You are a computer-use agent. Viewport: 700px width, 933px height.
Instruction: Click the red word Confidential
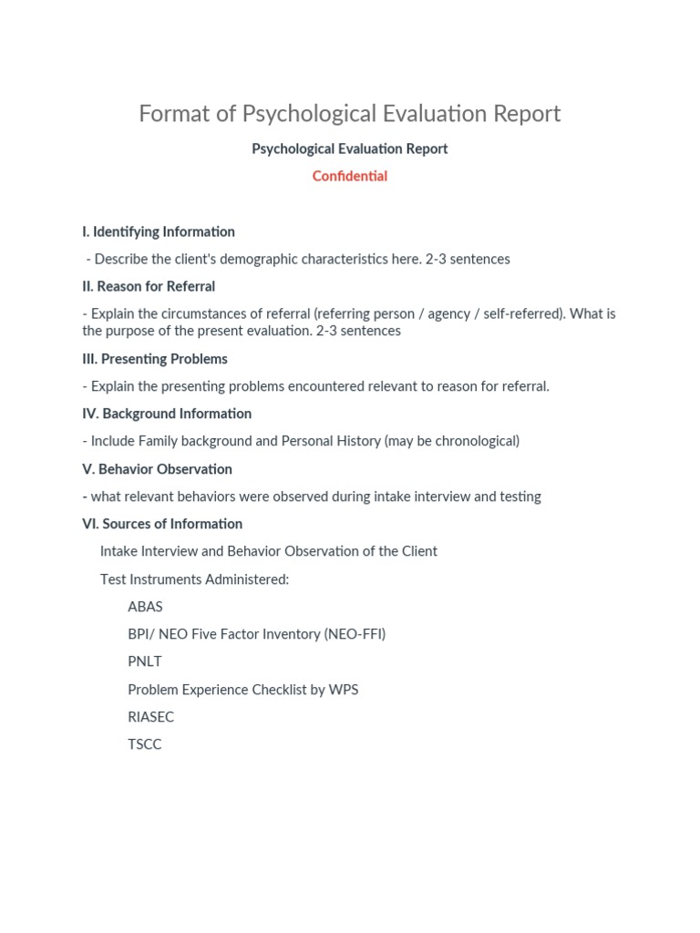[350, 176]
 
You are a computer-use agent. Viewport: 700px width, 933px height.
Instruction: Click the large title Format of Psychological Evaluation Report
[350, 114]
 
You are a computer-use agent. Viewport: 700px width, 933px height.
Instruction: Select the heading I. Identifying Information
[159, 231]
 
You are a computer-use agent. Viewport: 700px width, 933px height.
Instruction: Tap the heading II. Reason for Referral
[149, 286]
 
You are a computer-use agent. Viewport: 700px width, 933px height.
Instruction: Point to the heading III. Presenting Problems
[155, 358]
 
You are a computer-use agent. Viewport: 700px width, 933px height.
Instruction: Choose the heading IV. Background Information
[167, 414]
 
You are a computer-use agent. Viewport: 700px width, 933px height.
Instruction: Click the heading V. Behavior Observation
[157, 469]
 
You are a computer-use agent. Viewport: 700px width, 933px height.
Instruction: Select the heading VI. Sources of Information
[162, 524]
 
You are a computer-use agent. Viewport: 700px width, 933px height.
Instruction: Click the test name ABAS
[145, 607]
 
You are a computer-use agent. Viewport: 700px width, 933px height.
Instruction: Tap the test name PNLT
[145, 661]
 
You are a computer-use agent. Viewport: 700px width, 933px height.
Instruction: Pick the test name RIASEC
[150, 717]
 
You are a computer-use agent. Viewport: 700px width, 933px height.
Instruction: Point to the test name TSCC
[145, 744]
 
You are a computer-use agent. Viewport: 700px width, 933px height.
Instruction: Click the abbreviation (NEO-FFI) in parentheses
[355, 634]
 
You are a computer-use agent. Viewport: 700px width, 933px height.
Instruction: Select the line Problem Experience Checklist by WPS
[242, 690]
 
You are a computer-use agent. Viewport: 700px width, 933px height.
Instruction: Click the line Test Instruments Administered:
[194, 579]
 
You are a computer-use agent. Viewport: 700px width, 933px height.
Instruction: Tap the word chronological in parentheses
[478, 441]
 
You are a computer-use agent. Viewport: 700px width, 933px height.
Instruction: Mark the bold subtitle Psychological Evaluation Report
[350, 149]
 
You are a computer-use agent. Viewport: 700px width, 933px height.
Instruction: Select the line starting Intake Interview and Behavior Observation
[268, 551]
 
